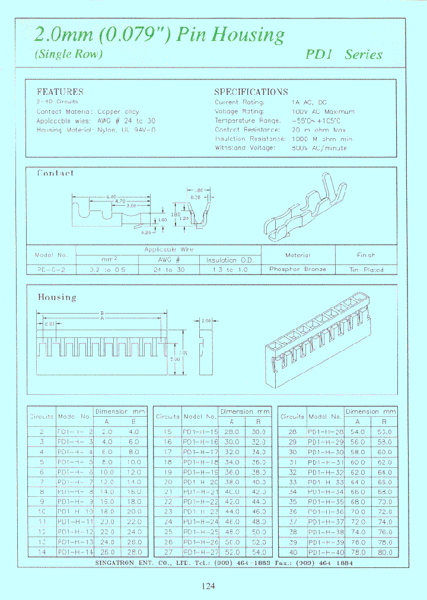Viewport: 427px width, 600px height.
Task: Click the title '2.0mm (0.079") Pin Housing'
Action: tap(160, 34)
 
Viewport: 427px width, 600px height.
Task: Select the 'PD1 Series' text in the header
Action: tap(344, 54)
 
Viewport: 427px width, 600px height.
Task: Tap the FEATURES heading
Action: tap(60, 92)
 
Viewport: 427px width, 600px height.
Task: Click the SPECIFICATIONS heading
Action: tap(250, 92)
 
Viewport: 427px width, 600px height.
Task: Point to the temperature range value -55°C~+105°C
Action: tap(316, 120)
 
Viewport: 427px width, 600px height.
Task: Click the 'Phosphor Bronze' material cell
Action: tap(298, 269)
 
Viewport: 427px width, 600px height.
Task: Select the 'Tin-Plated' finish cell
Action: tap(367, 269)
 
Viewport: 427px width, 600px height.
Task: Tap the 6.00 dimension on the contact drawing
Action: tap(110, 197)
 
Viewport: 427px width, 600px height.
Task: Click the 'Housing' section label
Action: tap(57, 297)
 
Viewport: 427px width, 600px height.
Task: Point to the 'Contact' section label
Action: tap(55, 173)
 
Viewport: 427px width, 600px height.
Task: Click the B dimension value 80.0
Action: tap(385, 553)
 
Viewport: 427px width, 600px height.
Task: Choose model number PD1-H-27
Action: tap(200, 553)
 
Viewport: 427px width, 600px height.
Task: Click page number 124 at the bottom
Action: tap(208, 586)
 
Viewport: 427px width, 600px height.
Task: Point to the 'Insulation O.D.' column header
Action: tap(230, 260)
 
